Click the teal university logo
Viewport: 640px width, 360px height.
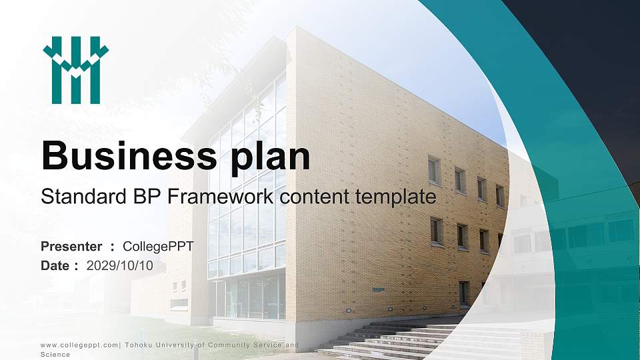pos(75,70)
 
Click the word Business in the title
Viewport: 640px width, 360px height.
pos(125,157)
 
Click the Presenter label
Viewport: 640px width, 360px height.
pos(71,247)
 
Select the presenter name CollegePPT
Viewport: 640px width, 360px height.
pos(158,247)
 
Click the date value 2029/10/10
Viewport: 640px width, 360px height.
pos(120,265)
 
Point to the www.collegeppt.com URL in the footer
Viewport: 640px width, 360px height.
pos(78,345)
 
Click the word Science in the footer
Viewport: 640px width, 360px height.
pos(55,355)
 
